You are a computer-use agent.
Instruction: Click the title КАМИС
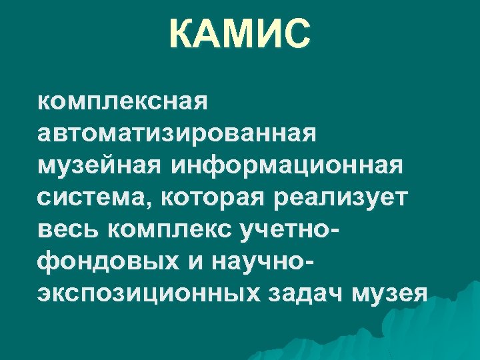239,35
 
